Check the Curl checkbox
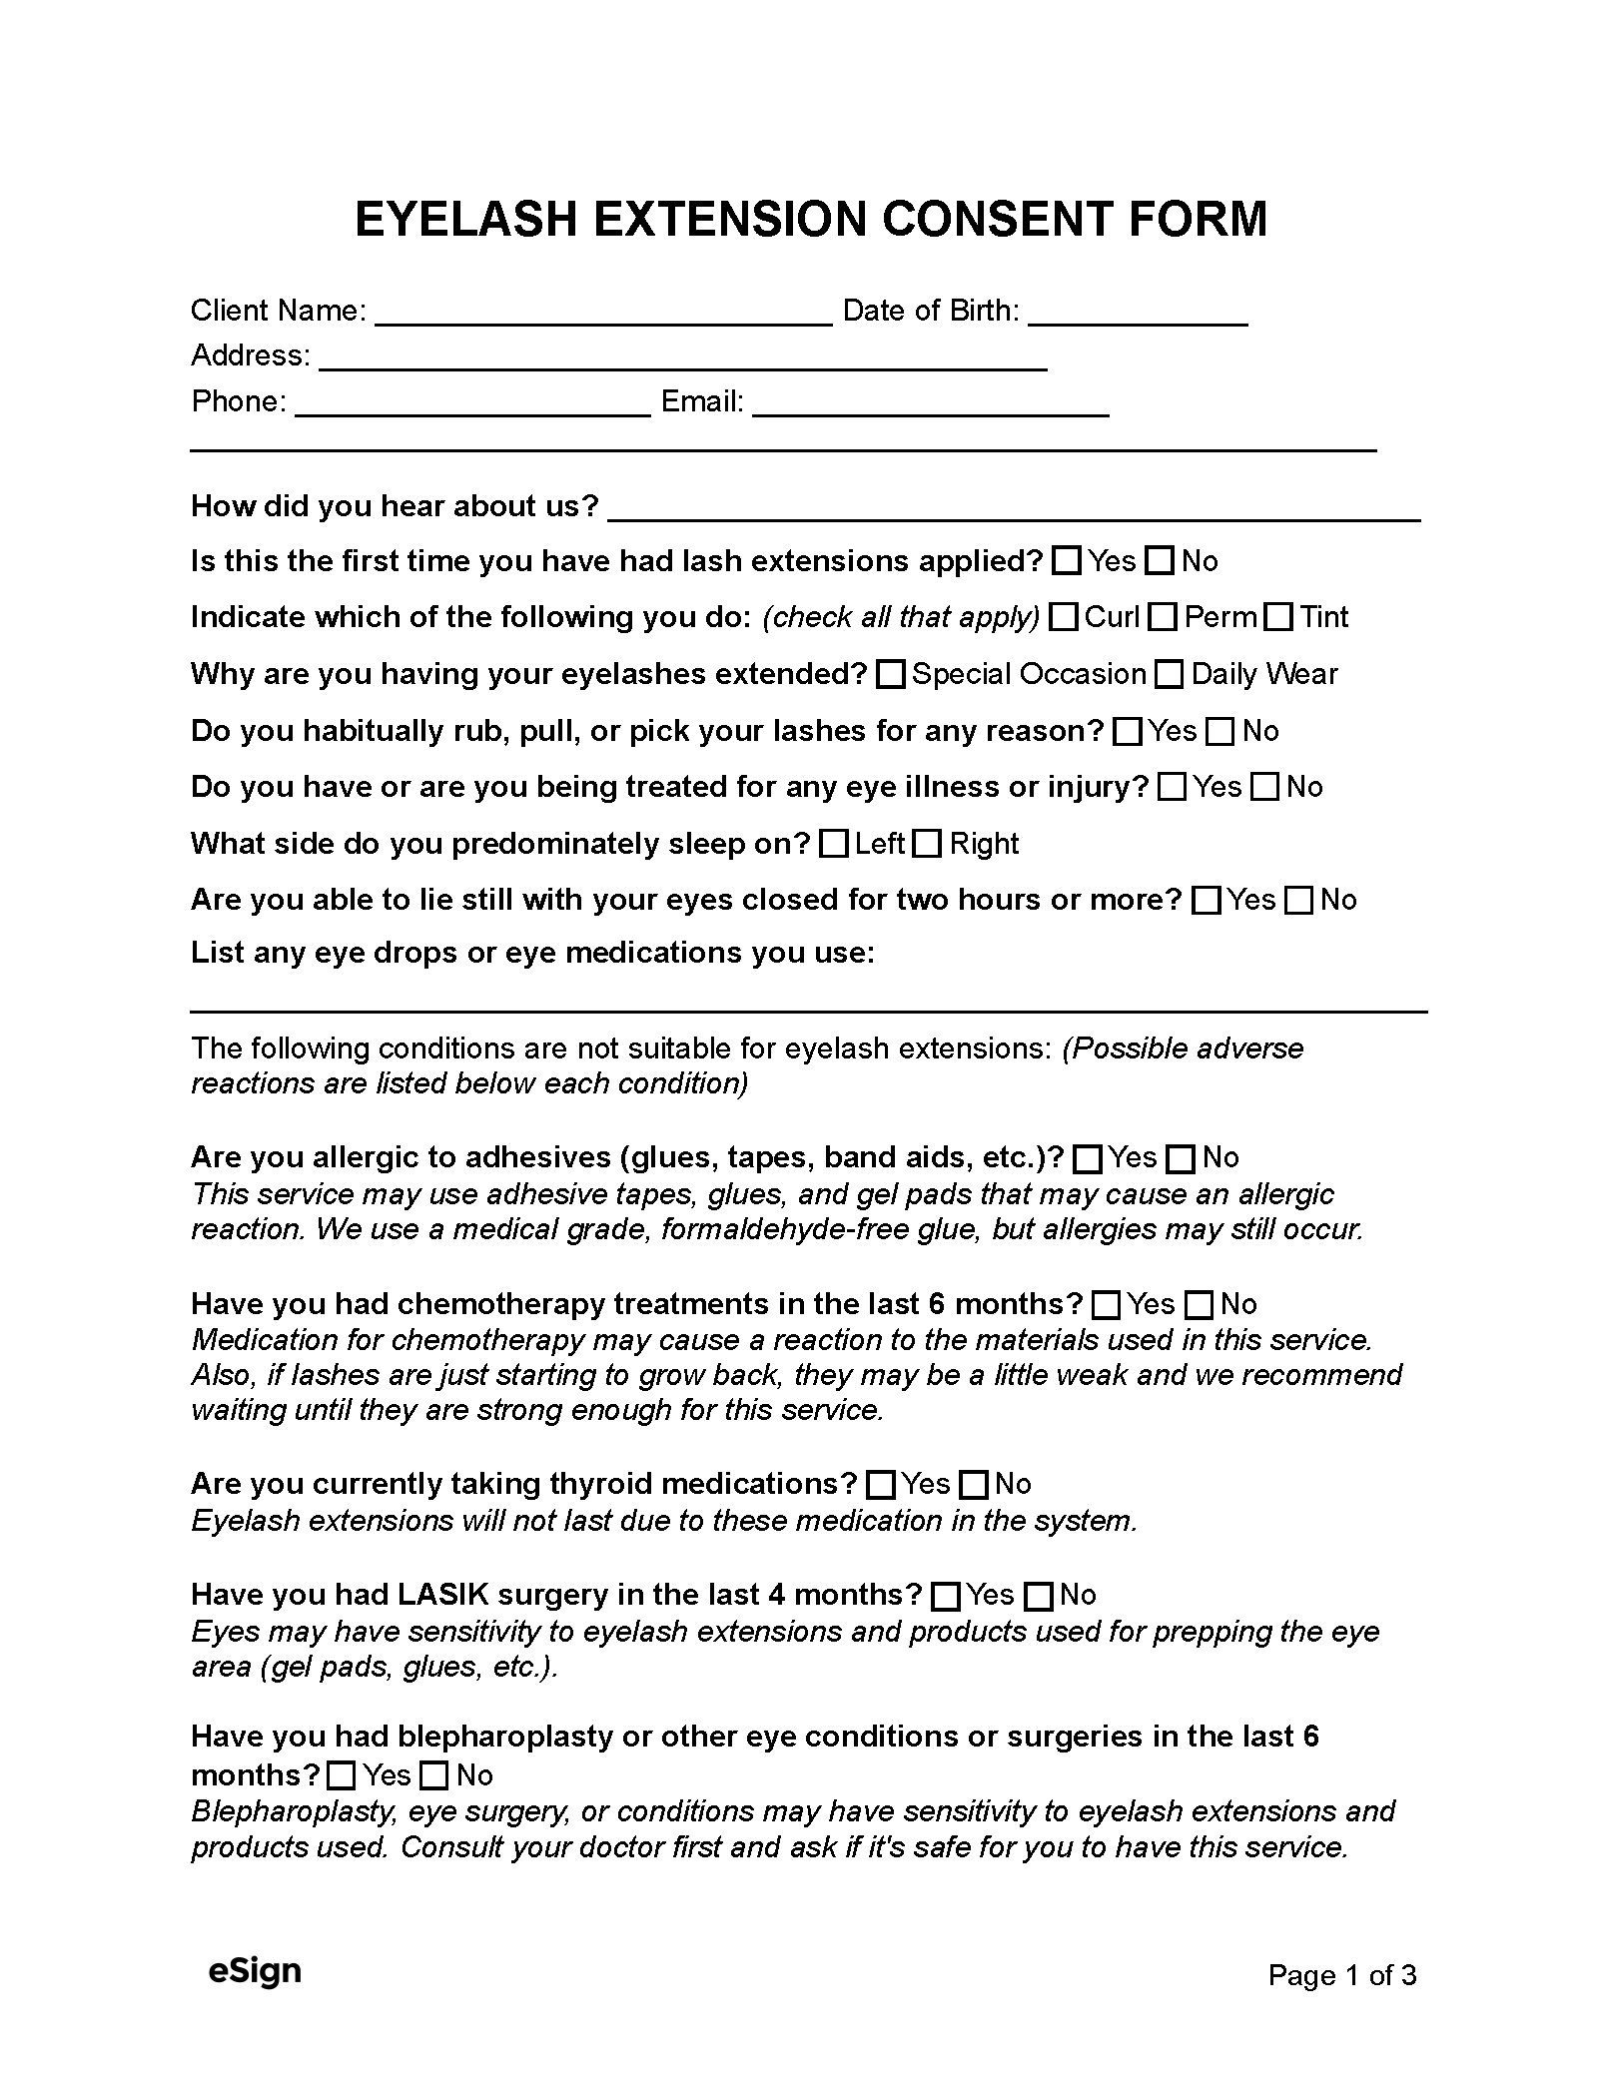tap(1066, 618)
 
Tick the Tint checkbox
tap(1278, 618)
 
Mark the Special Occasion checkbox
tap(890, 676)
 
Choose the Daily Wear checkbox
tap(1169, 676)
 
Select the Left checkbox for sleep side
tap(833, 845)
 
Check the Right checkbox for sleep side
tap(928, 845)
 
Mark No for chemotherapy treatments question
tap(1199, 1305)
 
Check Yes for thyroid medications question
tap(881, 1485)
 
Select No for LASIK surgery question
tap(1040, 1596)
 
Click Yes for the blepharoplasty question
tap(343, 1775)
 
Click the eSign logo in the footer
tap(255, 1972)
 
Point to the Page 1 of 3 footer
tap(1341, 1975)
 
